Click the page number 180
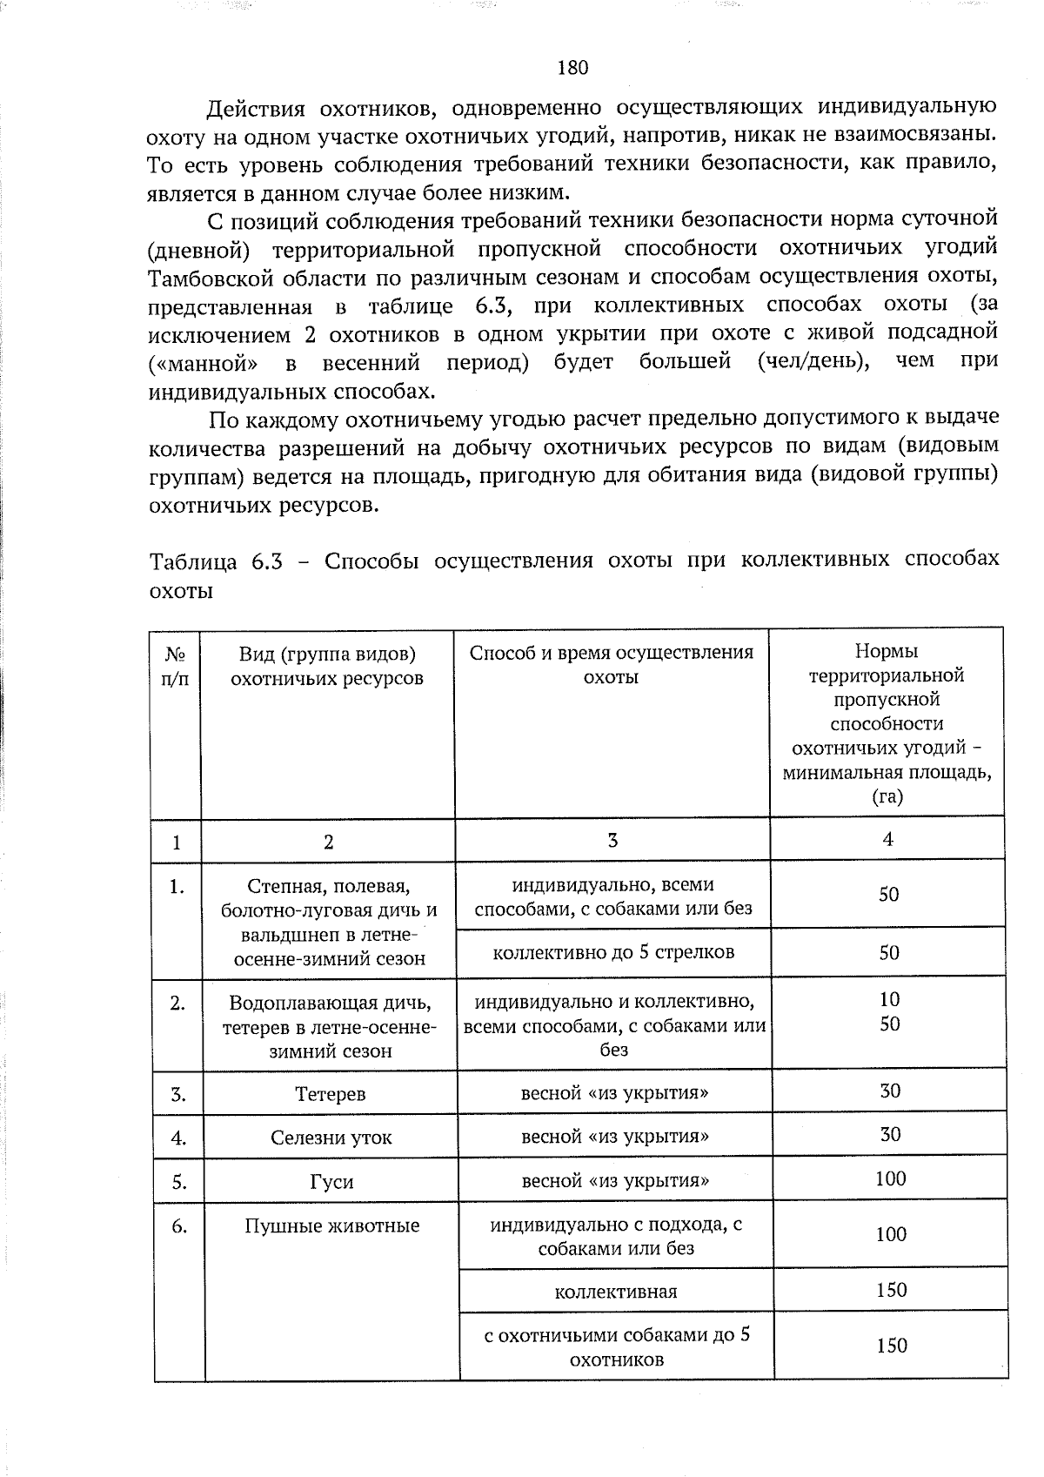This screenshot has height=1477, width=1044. [572, 67]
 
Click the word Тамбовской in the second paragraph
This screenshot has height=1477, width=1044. [205, 278]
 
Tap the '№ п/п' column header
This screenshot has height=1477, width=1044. [175, 665]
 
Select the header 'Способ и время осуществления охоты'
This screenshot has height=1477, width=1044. [611, 665]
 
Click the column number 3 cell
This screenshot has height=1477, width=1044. [612, 840]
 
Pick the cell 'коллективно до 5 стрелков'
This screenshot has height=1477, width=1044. [612, 952]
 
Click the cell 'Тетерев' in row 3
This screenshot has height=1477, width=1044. [330, 1094]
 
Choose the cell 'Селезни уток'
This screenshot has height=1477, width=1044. [331, 1138]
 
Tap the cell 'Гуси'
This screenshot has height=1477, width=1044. [331, 1182]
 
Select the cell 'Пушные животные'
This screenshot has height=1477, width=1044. [331, 1226]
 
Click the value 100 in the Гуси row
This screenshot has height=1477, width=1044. [890, 1179]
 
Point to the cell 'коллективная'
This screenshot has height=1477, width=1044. [615, 1292]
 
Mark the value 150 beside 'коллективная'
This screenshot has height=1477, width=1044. [891, 1290]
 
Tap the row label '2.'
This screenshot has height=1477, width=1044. [177, 1004]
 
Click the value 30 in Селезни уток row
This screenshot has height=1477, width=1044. [890, 1135]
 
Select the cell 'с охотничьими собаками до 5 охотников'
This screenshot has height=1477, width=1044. [616, 1347]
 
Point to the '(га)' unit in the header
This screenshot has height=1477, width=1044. [887, 796]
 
